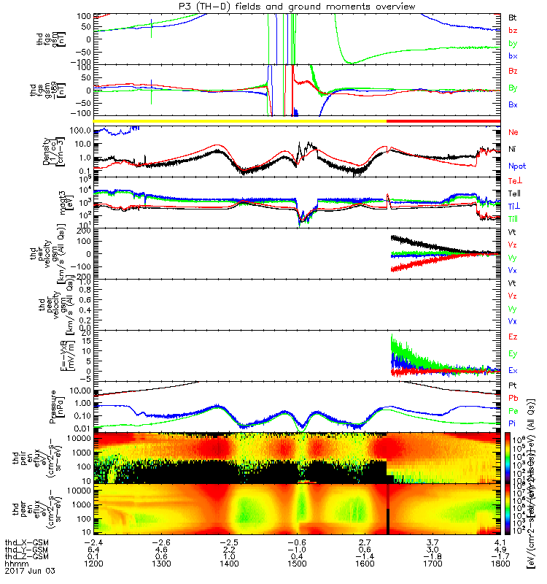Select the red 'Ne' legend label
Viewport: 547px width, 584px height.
pos(513,131)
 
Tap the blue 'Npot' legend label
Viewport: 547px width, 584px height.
pos(517,166)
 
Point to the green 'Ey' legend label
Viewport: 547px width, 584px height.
pos(513,353)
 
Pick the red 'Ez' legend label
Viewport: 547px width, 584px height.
pos(513,337)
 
